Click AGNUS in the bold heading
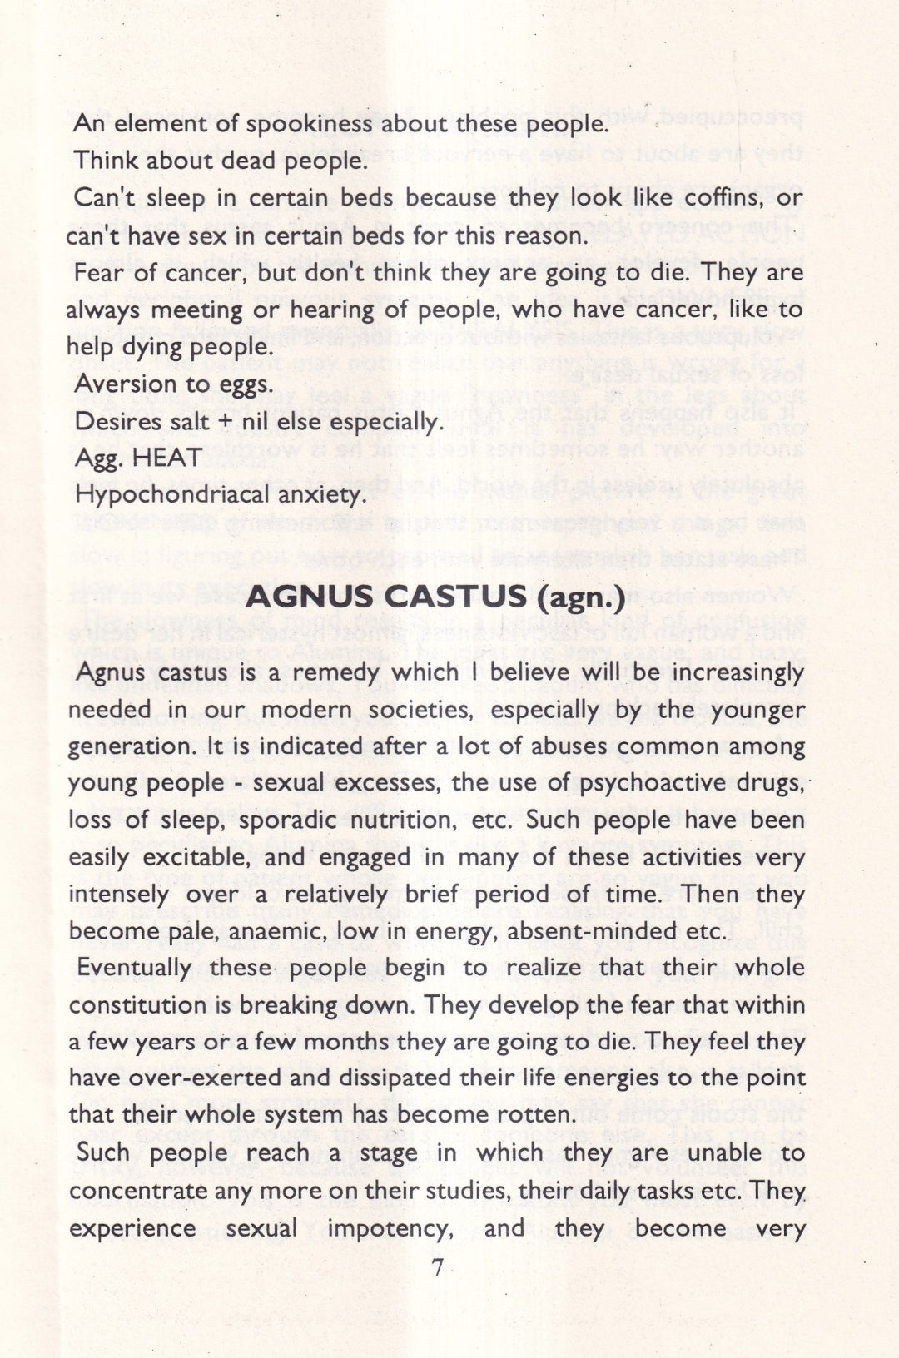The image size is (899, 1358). [310, 597]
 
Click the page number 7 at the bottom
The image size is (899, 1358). [437, 1268]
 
